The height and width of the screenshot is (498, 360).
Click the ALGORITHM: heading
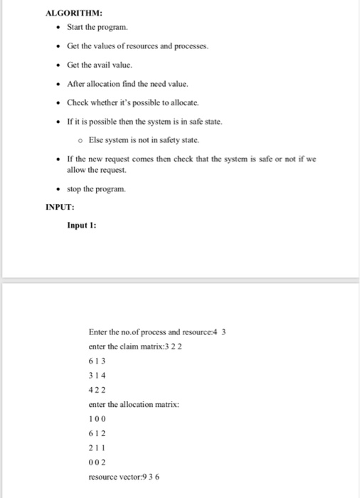tap(74, 14)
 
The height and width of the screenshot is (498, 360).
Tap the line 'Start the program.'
tap(97, 28)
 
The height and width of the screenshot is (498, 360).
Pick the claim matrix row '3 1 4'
tap(97, 375)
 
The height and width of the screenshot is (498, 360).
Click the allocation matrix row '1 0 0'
tap(97, 420)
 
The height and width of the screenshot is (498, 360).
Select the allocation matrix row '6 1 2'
tap(97, 434)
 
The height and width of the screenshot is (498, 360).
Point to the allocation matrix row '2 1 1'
tap(97, 449)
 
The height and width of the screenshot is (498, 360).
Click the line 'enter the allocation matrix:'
tap(134, 404)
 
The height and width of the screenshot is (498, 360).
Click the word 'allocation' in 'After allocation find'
tap(107, 84)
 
